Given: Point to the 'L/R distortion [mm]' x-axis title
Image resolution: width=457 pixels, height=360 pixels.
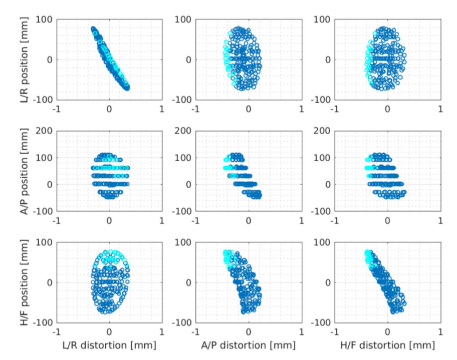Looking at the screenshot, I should tap(109, 345).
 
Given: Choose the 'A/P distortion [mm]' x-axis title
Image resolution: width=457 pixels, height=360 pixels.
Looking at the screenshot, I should tap(248, 345).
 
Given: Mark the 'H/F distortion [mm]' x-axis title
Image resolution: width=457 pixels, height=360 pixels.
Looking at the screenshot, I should tap(387, 345).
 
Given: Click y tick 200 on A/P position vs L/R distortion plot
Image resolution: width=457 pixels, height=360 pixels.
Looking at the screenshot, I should tap(45, 131).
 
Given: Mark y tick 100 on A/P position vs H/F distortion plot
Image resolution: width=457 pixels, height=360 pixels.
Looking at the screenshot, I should tap(323, 158).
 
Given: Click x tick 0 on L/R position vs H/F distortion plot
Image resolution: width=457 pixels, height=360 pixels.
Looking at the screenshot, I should tap(387, 109).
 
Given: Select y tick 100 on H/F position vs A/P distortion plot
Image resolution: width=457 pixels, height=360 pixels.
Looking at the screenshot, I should tap(184, 242).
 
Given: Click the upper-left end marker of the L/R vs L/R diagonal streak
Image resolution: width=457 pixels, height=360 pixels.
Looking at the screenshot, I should tap(93, 29).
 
